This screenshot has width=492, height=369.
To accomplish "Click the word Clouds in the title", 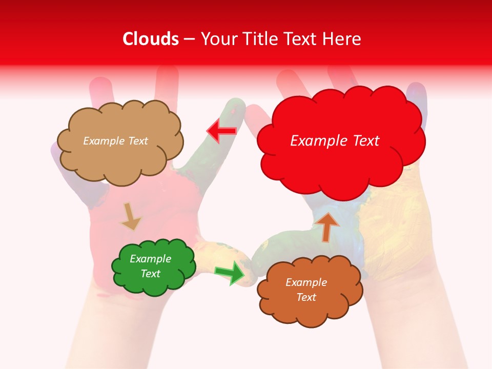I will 150,39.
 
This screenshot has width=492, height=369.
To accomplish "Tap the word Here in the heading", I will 343,39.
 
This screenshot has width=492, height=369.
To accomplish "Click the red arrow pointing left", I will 221,131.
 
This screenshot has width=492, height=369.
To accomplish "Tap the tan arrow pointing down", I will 130,216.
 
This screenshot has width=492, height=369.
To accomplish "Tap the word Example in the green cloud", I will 151,259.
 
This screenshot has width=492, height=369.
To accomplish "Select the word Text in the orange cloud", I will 306,297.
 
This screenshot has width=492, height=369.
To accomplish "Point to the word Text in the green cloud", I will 151,274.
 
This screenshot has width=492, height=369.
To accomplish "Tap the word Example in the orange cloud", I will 306,282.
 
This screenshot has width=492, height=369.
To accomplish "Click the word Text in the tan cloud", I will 137,141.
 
